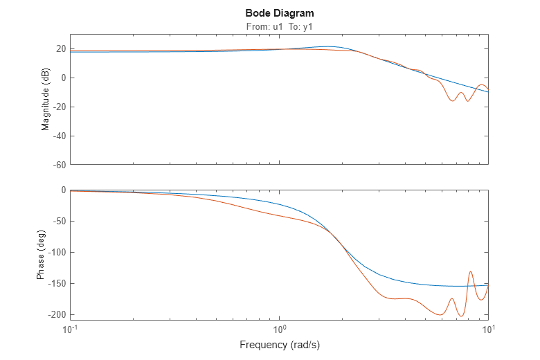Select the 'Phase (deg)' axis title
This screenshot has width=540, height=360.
tap(41, 255)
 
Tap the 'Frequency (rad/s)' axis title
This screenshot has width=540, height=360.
tap(279, 344)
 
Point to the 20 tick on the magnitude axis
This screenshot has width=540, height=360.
tap(60, 48)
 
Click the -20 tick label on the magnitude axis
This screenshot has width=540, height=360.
tap(58, 107)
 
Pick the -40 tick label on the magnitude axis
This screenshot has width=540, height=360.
tap(58, 136)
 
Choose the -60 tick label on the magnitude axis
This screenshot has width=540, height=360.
tap(58, 165)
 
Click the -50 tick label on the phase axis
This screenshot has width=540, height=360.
tap(58, 222)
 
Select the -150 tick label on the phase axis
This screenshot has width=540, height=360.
tap(56, 284)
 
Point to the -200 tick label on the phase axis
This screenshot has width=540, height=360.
tap(56, 315)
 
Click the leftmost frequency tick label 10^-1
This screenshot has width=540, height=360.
tap(70, 327)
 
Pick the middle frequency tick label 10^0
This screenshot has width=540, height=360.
tap(279, 327)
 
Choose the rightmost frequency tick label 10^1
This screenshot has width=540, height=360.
tap(488, 327)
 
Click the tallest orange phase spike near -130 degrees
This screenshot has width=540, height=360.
tap(471, 272)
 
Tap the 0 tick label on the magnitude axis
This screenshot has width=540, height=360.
tap(62, 78)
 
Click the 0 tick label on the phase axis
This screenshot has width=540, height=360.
tap(62, 190)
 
